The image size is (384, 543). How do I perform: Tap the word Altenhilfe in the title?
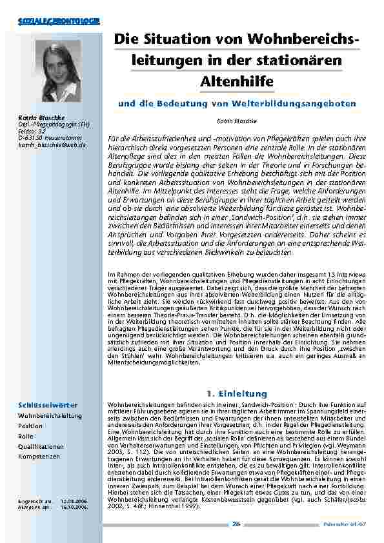coord(237,82)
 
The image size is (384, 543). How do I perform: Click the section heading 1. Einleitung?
coord(236,393)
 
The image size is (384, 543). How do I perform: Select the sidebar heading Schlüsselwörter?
coord(45,405)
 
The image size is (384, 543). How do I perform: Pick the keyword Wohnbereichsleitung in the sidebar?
coord(50,416)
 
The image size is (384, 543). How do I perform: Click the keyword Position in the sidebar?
coord(30,426)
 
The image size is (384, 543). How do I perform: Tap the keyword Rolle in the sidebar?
coord(26,436)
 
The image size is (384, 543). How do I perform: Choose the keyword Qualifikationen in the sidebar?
coord(41,446)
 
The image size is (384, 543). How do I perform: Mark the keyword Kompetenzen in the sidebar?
coord(39,456)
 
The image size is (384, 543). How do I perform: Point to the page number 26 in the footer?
coord(237,524)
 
